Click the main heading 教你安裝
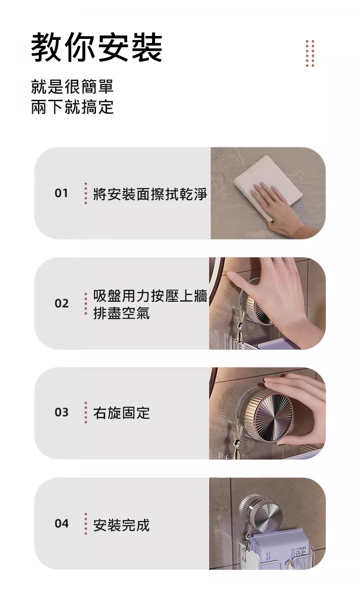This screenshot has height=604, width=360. (x=96, y=47)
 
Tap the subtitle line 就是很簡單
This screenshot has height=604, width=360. (x=72, y=86)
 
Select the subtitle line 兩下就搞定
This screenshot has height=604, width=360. (x=72, y=107)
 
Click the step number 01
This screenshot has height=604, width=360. (x=61, y=193)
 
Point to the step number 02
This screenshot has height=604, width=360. (x=61, y=303)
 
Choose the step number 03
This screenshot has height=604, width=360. (x=61, y=412)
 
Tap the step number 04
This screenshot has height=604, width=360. (x=61, y=523)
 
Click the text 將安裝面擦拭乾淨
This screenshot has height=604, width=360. (x=150, y=194)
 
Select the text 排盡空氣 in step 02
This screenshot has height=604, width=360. (x=121, y=313)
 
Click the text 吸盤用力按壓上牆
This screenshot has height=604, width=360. (x=150, y=296)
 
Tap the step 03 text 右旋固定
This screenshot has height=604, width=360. (x=121, y=413)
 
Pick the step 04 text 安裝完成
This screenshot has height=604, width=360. (x=121, y=525)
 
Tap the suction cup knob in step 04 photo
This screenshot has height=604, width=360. (x=264, y=512)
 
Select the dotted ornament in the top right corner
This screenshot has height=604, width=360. (x=310, y=53)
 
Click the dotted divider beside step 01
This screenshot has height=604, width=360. (x=86, y=193)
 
